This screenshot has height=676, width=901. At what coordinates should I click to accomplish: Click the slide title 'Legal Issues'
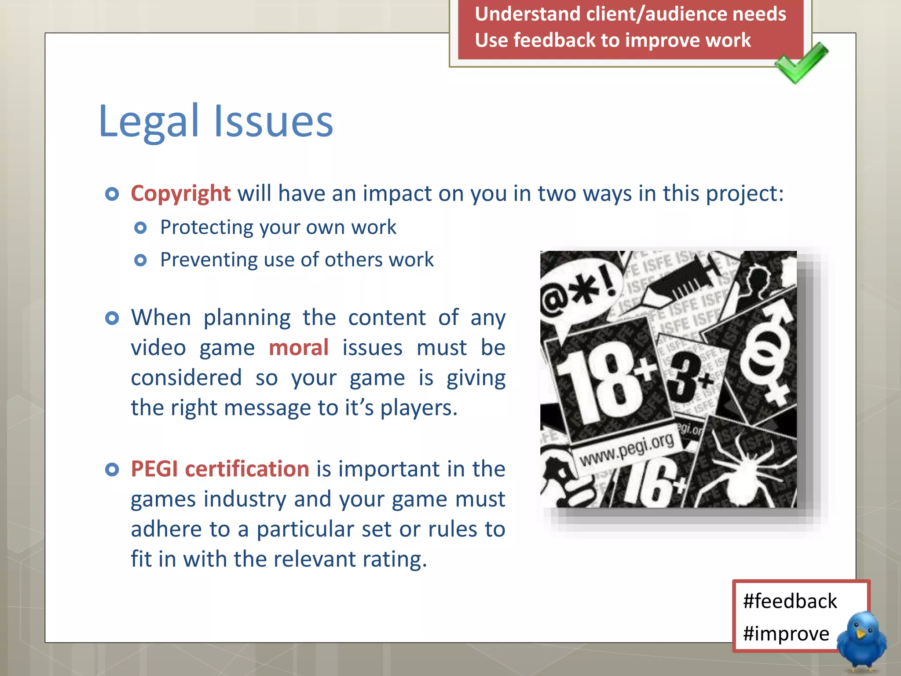pyautogui.click(x=216, y=121)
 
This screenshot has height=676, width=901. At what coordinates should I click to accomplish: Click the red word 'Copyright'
pyautogui.click(x=180, y=194)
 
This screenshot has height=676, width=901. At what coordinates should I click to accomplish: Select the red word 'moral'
pyautogui.click(x=299, y=348)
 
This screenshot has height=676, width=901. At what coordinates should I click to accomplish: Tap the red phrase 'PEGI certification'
pyautogui.click(x=220, y=469)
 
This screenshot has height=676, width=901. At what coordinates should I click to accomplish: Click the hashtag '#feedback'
pyautogui.click(x=790, y=601)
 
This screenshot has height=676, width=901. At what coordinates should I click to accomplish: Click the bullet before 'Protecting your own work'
pyautogui.click(x=140, y=228)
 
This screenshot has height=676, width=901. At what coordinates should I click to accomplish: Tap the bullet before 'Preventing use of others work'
pyautogui.click(x=140, y=261)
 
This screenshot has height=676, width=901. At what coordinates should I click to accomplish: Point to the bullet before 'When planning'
pyautogui.click(x=112, y=318)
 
